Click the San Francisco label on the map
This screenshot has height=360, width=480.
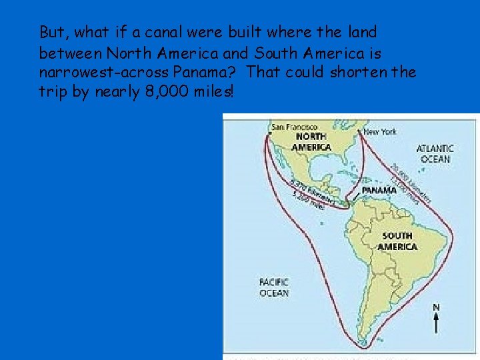click(293, 126)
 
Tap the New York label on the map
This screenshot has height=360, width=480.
click(380, 131)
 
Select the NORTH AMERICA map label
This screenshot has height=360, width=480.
click(312, 142)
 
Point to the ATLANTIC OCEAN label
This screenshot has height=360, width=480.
click(435, 153)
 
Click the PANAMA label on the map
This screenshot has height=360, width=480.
click(379, 189)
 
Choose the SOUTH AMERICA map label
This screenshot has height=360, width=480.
click(397, 241)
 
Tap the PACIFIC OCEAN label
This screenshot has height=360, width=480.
click(274, 287)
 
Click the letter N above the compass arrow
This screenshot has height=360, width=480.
click(436, 307)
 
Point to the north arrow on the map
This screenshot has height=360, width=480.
click(436, 323)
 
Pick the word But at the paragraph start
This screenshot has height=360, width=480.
click(52, 32)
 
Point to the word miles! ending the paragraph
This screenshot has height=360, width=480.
click(213, 92)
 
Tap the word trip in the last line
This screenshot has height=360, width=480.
click(53, 92)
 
